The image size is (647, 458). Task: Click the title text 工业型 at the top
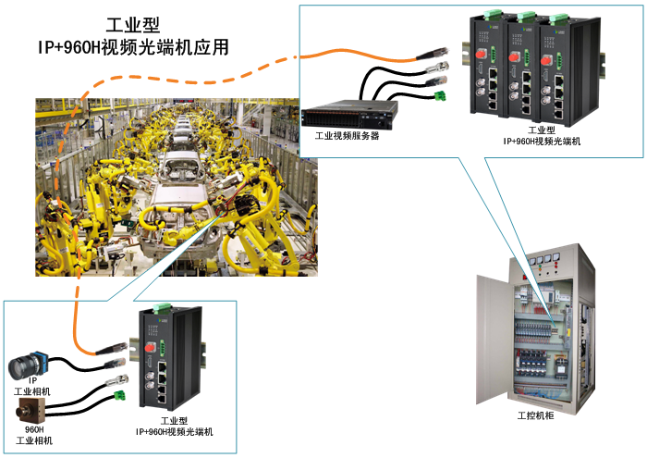click(x=132, y=25)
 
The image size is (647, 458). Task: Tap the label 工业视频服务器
click(x=347, y=136)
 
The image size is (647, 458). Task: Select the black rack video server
click(x=349, y=114)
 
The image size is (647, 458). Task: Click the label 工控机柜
click(x=535, y=415)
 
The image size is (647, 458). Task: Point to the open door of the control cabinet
click(x=494, y=339)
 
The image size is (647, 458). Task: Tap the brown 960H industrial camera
click(x=31, y=410)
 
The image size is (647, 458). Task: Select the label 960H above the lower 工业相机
click(x=34, y=429)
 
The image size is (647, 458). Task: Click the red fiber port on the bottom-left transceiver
click(x=150, y=347)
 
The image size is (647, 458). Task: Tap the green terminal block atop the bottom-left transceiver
click(x=163, y=307)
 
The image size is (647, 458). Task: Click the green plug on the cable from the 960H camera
click(x=119, y=396)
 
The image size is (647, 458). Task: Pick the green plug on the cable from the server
click(x=441, y=96)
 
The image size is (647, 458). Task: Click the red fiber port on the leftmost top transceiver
click(x=481, y=54)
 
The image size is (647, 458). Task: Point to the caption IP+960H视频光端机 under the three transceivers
click(x=542, y=142)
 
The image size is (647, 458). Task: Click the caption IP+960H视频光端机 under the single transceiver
click(x=174, y=432)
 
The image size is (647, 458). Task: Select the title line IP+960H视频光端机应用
click(x=133, y=47)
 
